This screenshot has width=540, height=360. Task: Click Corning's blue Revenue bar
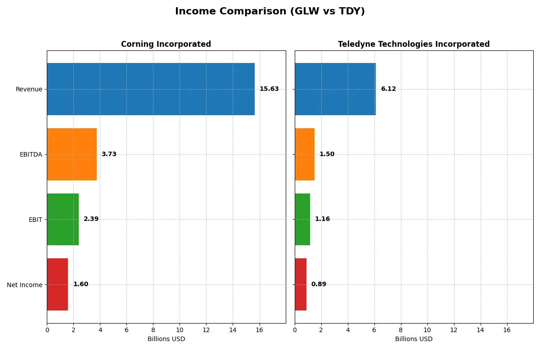click(x=151, y=89)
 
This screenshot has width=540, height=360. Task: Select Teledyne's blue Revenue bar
click(x=335, y=89)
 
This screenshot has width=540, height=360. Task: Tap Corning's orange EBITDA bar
click(x=72, y=154)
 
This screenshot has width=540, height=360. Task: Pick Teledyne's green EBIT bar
click(x=302, y=219)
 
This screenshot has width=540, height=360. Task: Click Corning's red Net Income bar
click(x=58, y=284)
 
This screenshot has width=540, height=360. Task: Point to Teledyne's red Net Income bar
click(x=301, y=284)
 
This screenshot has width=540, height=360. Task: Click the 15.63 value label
click(x=269, y=89)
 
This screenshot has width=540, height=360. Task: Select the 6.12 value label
click(x=388, y=89)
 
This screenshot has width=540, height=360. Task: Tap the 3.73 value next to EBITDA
click(x=109, y=154)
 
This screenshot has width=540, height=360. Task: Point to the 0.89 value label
click(x=319, y=284)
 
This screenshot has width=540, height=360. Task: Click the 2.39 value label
click(x=91, y=219)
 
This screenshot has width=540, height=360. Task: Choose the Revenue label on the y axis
click(x=29, y=89)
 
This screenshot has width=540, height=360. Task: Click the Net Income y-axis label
click(x=24, y=284)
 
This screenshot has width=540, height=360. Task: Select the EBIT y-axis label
click(x=35, y=220)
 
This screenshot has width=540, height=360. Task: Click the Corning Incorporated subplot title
click(x=166, y=44)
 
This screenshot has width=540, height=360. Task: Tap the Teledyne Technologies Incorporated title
click(x=414, y=44)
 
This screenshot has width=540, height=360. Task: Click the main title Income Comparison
click(x=270, y=12)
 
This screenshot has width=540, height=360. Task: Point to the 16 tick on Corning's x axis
click(x=259, y=330)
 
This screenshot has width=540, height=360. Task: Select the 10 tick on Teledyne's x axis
click(x=427, y=330)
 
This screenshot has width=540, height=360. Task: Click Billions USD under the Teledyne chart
click(x=414, y=339)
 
